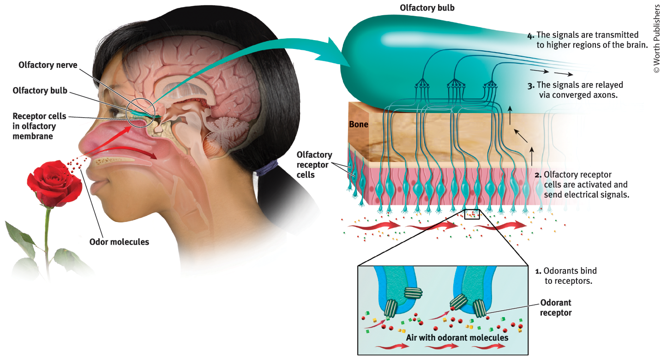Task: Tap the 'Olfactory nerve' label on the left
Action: click(48, 65)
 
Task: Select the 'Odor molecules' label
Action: click(119, 241)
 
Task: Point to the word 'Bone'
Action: click(359, 124)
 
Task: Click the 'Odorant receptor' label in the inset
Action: click(556, 307)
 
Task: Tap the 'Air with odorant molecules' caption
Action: click(457, 337)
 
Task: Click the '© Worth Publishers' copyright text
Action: click(656, 38)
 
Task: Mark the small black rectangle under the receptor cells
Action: click(472, 214)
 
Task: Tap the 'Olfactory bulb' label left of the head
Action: click(40, 91)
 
